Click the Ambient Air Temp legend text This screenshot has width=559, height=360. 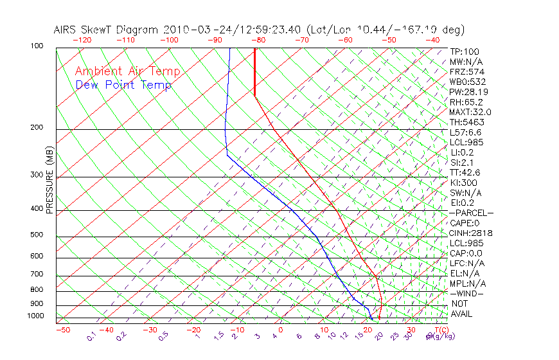pyautogui.click(x=127, y=71)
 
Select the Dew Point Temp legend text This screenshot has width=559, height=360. pyautogui.click(x=123, y=85)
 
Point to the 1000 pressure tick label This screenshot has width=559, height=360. pyautogui.click(x=37, y=316)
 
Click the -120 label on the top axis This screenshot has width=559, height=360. pyautogui.click(x=82, y=40)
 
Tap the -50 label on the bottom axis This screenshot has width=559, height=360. pyautogui.click(x=62, y=330)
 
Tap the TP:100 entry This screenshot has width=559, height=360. pyautogui.click(x=465, y=51)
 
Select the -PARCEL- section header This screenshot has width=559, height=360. pyautogui.click(x=471, y=213)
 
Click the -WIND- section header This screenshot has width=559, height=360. pyautogui.click(x=466, y=293)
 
